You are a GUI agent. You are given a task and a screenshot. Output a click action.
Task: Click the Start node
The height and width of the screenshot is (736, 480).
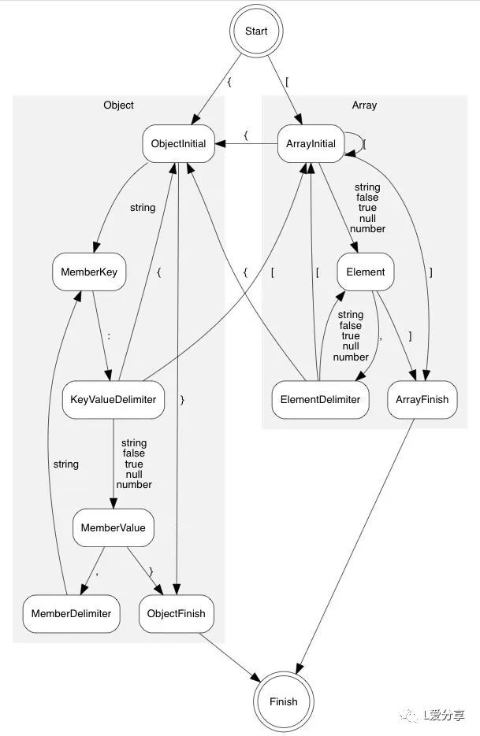(x=256, y=31)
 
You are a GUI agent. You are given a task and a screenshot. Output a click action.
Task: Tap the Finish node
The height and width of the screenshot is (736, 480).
(x=283, y=701)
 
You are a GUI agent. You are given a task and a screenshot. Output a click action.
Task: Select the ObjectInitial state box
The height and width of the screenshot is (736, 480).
(x=179, y=144)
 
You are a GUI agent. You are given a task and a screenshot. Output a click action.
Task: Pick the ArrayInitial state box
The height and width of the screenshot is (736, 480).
(x=311, y=144)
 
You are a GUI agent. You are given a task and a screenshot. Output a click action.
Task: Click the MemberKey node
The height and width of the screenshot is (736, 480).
(x=89, y=272)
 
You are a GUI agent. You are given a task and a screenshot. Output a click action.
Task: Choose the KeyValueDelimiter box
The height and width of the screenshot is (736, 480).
(x=113, y=399)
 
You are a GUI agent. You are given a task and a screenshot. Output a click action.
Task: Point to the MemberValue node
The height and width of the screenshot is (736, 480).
(x=113, y=527)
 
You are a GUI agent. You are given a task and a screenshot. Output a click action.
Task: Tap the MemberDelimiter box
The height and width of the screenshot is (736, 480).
(x=71, y=613)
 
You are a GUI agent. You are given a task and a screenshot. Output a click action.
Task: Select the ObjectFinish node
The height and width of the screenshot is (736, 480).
(x=177, y=613)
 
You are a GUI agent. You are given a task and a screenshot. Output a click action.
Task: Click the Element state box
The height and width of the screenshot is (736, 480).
(x=365, y=272)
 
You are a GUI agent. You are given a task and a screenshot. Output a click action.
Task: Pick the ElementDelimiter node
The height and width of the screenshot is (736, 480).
(x=320, y=399)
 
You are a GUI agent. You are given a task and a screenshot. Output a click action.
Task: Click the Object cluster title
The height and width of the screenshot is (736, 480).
(x=118, y=105)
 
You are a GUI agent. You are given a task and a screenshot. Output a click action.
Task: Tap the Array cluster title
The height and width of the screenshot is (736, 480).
(x=364, y=105)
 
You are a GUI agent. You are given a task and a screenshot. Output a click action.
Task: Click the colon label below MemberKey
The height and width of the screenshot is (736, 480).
(x=108, y=335)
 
